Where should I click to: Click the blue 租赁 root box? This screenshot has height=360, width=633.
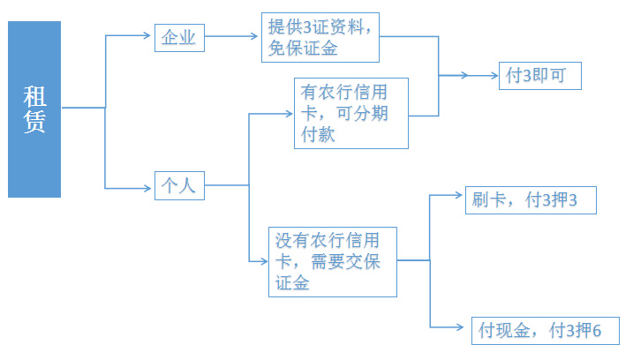point(34,109)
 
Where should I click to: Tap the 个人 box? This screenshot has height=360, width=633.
point(179,186)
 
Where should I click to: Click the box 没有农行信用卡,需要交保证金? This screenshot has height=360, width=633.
point(333,260)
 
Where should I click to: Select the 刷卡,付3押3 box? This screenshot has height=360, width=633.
point(530,200)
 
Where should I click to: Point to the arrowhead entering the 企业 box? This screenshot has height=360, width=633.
point(147,37)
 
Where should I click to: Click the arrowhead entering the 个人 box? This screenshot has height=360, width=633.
point(147,187)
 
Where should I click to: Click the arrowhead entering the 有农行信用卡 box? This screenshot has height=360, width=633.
point(289,112)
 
